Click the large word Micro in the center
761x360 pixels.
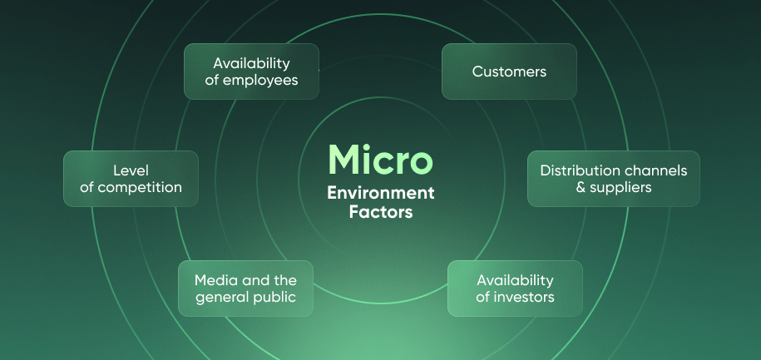coord(380,159)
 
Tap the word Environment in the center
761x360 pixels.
coord(380,194)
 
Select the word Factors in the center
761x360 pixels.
coord(380,212)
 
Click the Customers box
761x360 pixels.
coord(509,72)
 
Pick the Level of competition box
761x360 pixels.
coord(131,179)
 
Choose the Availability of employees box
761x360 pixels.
coord(250,72)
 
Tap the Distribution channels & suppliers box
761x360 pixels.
coord(613,179)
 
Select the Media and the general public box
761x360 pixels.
coord(245,288)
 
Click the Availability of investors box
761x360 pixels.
coord(515,288)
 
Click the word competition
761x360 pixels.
coord(139,187)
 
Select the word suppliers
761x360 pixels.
coord(620,187)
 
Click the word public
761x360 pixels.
coord(275,298)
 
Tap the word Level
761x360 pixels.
coord(131,170)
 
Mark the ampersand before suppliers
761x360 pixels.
coord(581,187)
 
